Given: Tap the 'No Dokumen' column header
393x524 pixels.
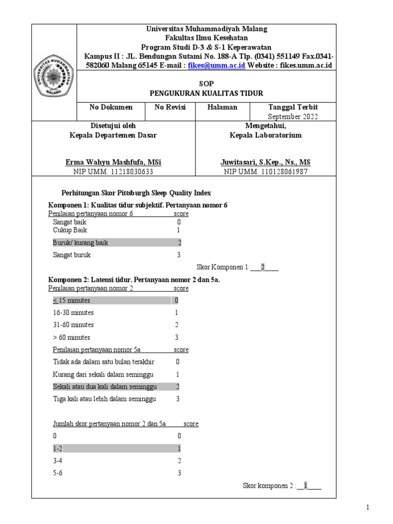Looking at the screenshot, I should tap(111, 107).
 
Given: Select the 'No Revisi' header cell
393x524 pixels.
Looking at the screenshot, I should tap(170, 107).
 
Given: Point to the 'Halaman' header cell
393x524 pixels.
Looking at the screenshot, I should tap(223, 107).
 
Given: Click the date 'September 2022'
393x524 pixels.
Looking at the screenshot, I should tap(293, 116).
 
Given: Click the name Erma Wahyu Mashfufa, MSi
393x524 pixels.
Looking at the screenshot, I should tap(113, 162).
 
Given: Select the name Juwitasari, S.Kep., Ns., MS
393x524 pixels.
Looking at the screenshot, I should tap(265, 162).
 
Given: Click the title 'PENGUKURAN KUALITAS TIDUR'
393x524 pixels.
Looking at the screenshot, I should tap(206, 93).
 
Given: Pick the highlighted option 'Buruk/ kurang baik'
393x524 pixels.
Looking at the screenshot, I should tap(80, 243).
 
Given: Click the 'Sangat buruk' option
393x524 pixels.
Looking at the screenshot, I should tap(72, 255).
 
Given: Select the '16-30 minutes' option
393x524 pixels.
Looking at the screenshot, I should tap(73, 312).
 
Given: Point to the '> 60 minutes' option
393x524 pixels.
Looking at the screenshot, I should tap(72, 337).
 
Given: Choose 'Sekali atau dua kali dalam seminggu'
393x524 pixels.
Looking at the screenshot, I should tap(105, 386).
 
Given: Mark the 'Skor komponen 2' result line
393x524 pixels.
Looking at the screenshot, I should tap(281, 486).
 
